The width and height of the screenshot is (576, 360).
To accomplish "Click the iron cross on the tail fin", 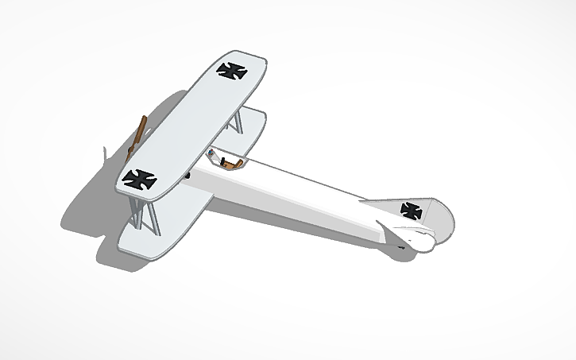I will (411, 211).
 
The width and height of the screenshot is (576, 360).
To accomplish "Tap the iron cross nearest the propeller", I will (140, 179).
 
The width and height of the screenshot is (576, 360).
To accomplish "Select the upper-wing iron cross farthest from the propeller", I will (232, 71).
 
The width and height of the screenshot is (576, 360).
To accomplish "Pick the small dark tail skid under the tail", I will (402, 248).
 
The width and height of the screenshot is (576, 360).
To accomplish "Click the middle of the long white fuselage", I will (302, 195).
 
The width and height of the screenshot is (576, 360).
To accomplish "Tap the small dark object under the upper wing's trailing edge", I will (187, 173).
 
